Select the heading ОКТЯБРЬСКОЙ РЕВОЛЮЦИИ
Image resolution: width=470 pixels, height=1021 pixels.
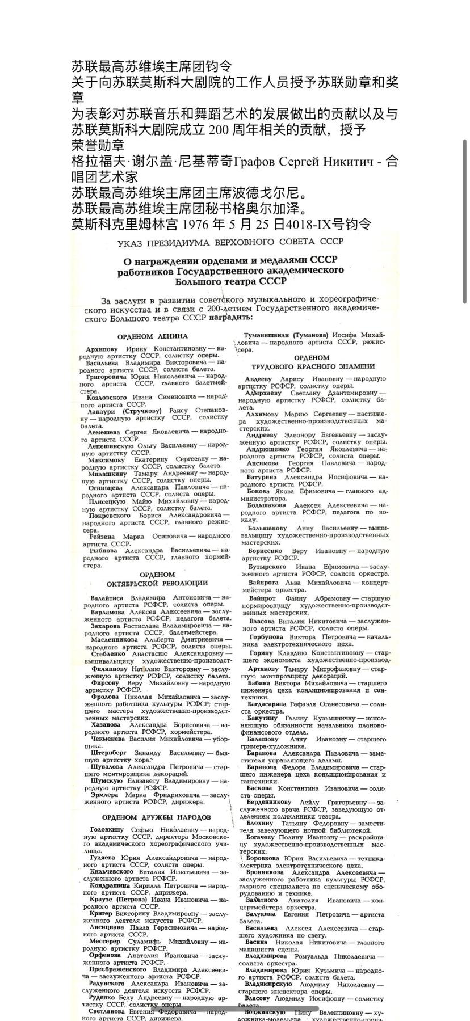tap(157, 583)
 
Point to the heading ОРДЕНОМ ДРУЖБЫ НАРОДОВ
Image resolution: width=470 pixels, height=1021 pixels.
tap(157, 817)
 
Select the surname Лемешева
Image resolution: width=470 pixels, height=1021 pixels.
tap(106, 432)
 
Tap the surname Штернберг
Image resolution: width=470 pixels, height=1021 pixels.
tap(111, 753)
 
